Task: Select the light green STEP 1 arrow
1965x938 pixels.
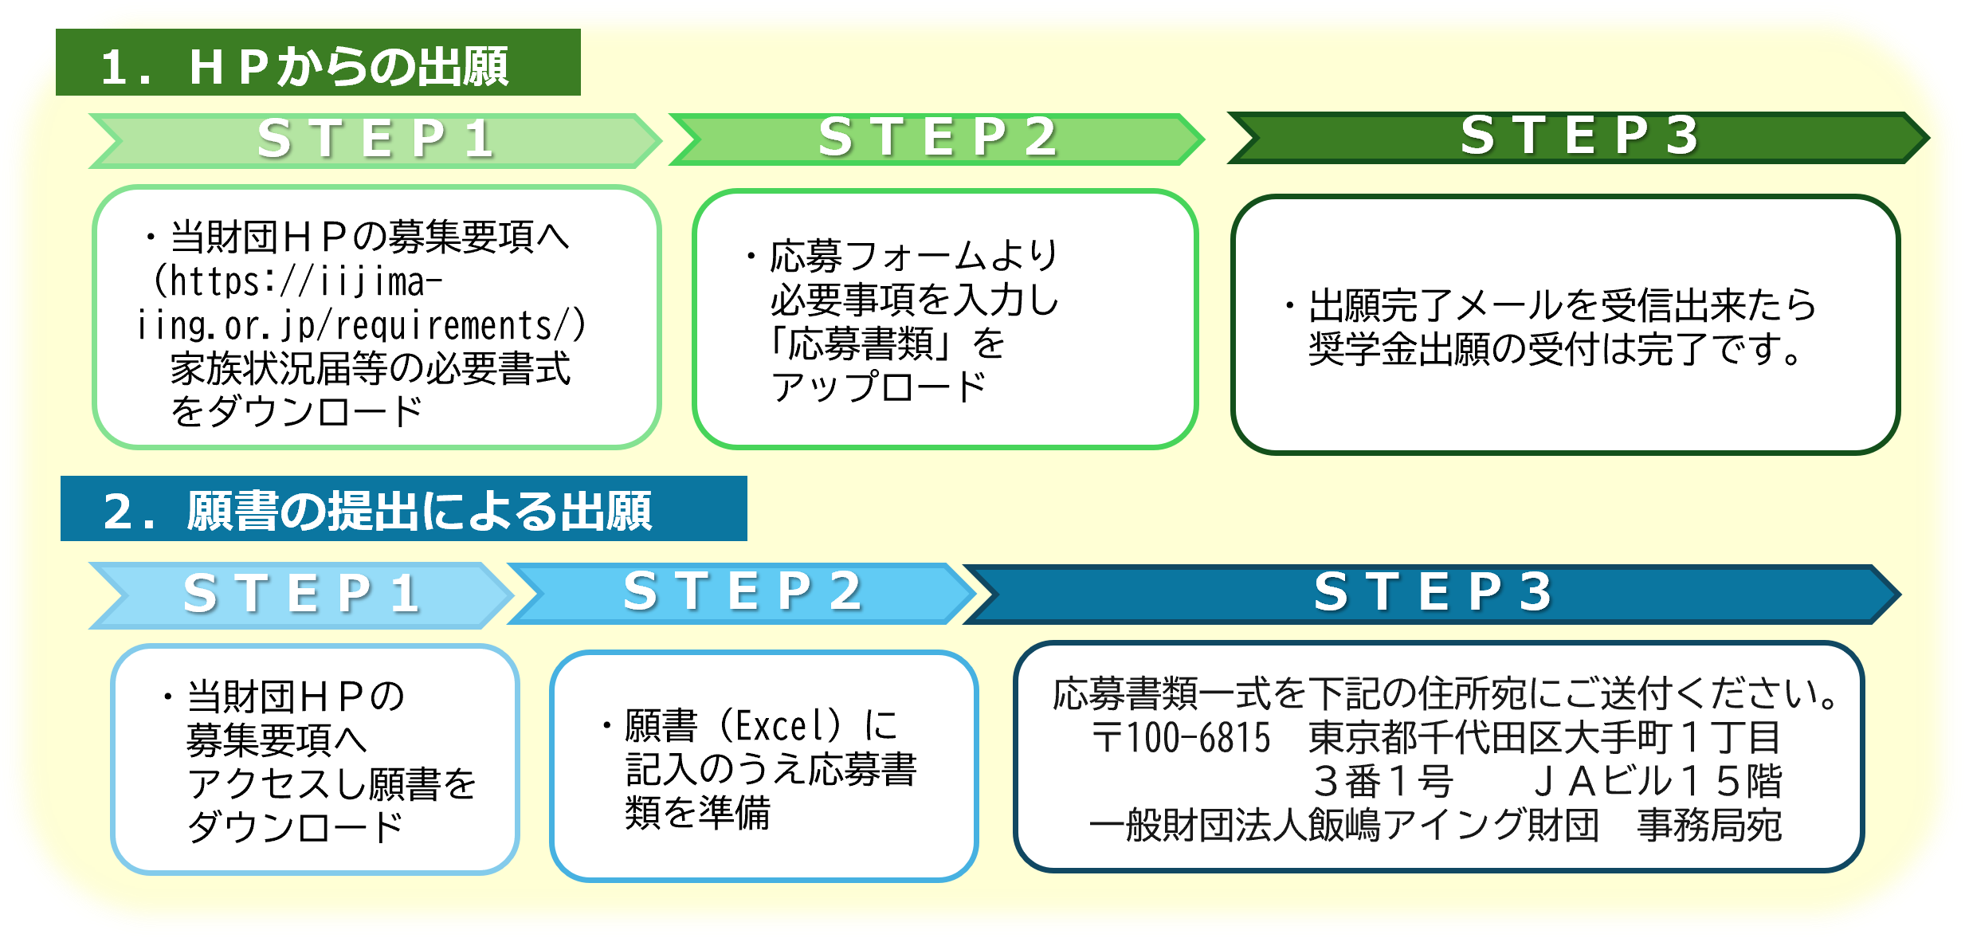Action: pyautogui.click(x=375, y=139)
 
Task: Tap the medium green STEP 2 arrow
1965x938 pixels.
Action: pyautogui.click(x=937, y=139)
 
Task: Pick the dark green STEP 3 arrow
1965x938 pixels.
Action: pyautogui.click(x=1578, y=137)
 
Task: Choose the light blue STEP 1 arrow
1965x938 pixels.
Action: pyautogui.click(x=301, y=595)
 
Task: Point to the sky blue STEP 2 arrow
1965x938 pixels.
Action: pyautogui.click(x=741, y=593)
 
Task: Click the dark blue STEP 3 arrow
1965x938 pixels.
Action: pyautogui.click(x=1432, y=594)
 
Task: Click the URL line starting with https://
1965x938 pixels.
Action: pyautogui.click(x=299, y=282)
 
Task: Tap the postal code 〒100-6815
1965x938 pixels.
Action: pyautogui.click(x=1181, y=738)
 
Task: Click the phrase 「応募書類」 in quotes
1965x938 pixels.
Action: pyautogui.click(x=861, y=344)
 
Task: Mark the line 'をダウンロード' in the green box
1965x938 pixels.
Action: pyautogui.click(x=296, y=412)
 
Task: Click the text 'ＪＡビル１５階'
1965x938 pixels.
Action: pyautogui.click(x=1657, y=782)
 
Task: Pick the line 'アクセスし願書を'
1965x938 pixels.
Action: pyautogui.click(x=331, y=784)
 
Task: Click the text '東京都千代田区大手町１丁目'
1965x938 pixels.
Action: pyautogui.click(x=1544, y=738)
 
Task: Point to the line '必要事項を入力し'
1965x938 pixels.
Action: pyautogui.click(x=915, y=300)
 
